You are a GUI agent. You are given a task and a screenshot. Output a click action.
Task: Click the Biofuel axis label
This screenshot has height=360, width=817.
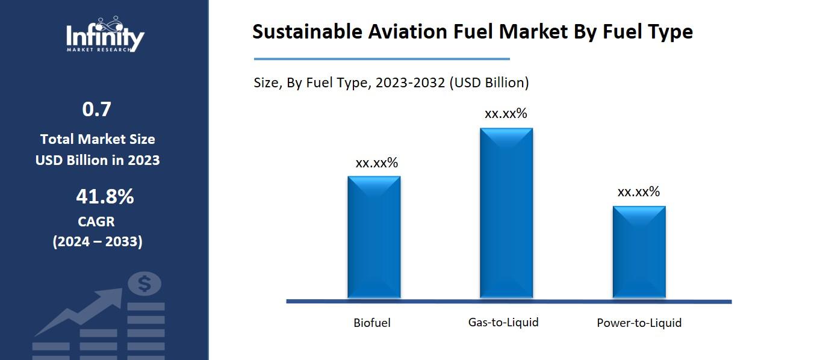(371, 323)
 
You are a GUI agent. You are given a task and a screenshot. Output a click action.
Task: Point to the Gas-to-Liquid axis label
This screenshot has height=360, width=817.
(503, 322)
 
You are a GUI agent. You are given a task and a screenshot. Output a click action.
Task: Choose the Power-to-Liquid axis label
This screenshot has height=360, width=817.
(639, 323)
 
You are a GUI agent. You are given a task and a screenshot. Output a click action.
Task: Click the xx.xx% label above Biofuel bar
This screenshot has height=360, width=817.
(376, 163)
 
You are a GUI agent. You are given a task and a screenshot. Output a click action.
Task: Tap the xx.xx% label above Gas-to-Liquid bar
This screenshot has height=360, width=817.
(506, 113)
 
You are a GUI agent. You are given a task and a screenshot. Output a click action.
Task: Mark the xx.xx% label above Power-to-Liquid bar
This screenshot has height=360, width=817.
(639, 191)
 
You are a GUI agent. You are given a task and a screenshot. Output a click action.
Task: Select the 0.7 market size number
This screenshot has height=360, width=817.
(97, 110)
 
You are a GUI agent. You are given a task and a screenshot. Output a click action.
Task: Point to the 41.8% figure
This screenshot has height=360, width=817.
(105, 196)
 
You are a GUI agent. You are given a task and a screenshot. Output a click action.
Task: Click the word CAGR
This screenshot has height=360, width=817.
(96, 222)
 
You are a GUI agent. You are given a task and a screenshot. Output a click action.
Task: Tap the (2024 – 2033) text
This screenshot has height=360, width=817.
(98, 241)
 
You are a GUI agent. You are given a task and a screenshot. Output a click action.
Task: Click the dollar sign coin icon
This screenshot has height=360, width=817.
(144, 283)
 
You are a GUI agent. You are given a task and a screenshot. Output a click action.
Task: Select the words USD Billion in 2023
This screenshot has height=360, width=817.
(98, 160)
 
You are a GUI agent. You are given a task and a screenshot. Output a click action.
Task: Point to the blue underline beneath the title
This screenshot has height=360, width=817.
(382, 59)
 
